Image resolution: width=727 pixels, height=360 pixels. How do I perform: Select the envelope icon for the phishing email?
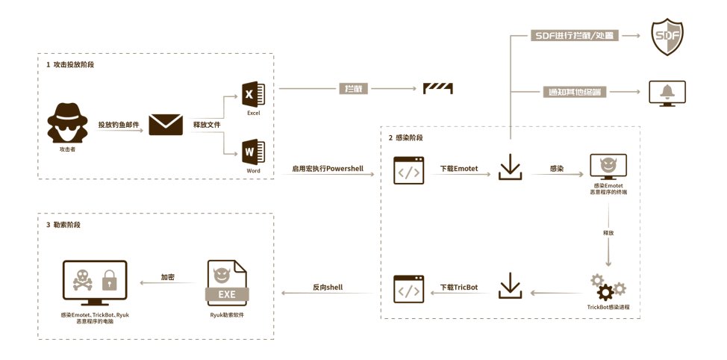point(166,124)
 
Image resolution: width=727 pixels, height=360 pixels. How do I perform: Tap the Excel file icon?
point(253,93)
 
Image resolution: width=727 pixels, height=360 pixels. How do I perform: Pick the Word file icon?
point(253,152)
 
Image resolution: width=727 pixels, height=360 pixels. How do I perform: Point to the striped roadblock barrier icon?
point(438,88)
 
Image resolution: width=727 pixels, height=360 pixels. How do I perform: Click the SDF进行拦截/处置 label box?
point(574,35)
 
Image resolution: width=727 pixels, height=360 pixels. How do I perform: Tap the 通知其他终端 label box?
point(574,92)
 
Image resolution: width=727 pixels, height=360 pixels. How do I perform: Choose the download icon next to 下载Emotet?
point(510,167)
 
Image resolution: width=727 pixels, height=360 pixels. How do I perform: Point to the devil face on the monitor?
point(608,164)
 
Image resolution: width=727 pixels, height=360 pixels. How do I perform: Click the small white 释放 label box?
point(608,232)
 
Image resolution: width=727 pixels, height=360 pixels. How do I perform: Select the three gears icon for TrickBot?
point(608,287)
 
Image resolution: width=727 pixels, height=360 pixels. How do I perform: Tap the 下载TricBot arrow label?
point(458,287)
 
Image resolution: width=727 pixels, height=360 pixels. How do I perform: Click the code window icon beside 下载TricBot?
point(409,288)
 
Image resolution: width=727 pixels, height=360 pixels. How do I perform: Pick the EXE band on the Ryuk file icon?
point(227,294)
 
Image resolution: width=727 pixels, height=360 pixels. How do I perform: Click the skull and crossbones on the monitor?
point(80,280)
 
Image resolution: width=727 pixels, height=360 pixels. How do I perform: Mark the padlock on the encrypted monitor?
point(109,281)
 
